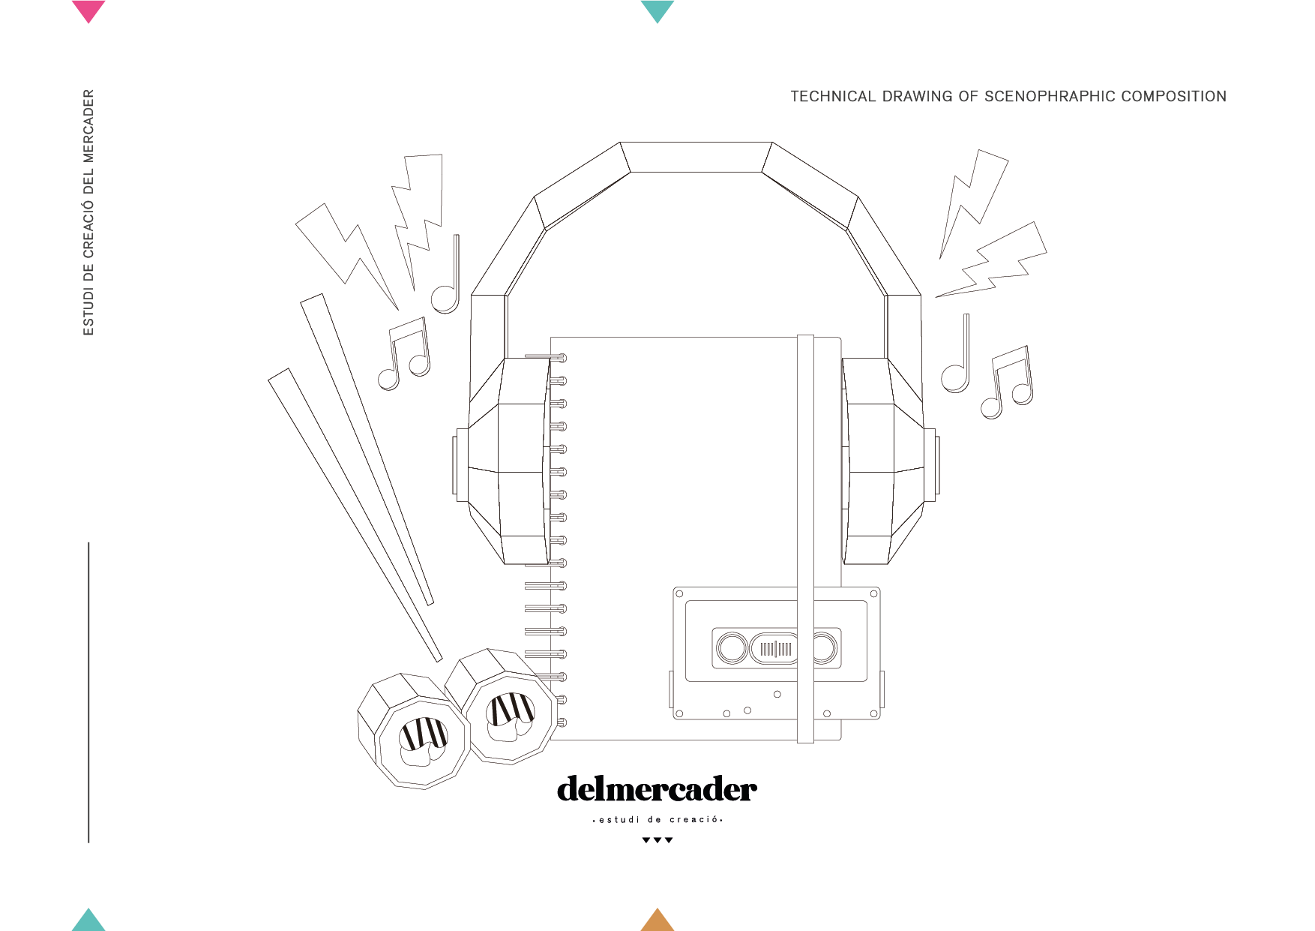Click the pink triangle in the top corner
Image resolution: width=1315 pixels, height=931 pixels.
[88, 10]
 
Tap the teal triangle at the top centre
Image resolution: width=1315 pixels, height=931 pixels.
[657, 10]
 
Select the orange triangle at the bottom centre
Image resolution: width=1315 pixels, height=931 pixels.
[657, 921]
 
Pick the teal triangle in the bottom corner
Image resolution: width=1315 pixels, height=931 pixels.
[88, 921]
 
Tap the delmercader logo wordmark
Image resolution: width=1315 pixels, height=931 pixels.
[657, 789]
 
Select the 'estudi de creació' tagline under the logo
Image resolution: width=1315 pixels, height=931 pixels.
[657, 820]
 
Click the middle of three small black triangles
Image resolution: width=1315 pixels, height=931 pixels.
[657, 840]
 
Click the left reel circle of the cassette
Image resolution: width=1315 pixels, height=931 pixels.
[732, 648]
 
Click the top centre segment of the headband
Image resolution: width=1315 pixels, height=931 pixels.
[696, 157]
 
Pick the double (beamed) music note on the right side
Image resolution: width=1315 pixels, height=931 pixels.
[1008, 383]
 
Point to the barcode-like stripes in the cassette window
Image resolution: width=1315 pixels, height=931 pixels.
[775, 649]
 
